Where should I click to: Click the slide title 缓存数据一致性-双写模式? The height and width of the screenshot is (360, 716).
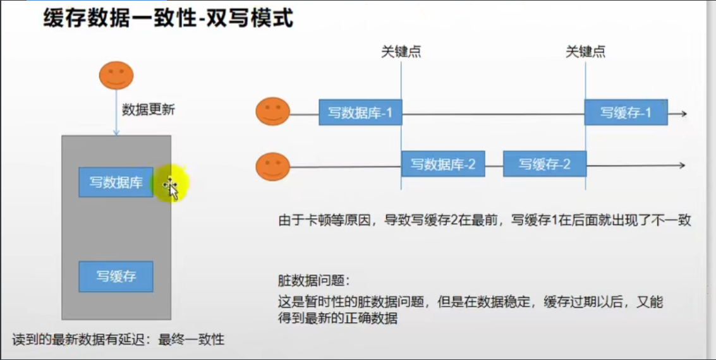(168, 19)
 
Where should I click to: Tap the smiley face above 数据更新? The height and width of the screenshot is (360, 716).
(116, 76)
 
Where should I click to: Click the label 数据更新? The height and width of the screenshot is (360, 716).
(148, 109)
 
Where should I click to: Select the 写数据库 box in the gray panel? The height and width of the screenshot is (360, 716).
(116, 183)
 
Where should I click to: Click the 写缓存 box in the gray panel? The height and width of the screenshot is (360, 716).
(116, 277)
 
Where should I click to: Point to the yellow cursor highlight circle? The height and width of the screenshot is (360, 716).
(170, 183)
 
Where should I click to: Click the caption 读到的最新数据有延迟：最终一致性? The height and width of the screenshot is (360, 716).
(118, 340)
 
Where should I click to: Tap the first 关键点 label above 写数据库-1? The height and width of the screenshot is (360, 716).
(401, 52)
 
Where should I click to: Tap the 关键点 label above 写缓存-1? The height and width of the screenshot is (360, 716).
(585, 52)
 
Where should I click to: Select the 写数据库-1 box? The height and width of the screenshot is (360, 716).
(360, 113)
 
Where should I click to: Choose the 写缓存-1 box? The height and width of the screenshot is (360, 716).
(626, 113)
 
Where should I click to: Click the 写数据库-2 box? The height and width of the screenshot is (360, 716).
(443, 164)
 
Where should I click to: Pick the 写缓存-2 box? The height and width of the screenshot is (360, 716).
(545, 164)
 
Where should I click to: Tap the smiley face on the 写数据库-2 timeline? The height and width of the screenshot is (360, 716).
(272, 166)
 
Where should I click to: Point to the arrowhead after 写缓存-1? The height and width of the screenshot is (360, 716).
(682, 114)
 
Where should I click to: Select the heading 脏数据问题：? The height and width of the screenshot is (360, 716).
(313, 280)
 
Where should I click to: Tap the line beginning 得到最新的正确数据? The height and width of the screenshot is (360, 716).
(338, 318)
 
